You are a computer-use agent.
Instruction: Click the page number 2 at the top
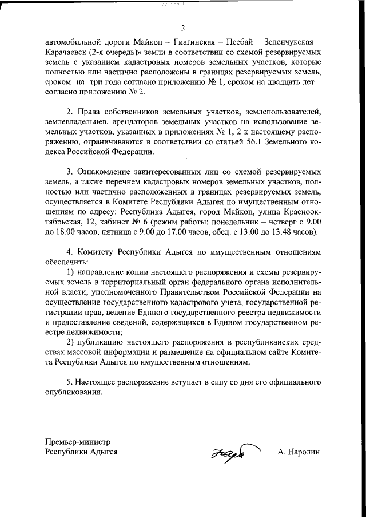[183, 28]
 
